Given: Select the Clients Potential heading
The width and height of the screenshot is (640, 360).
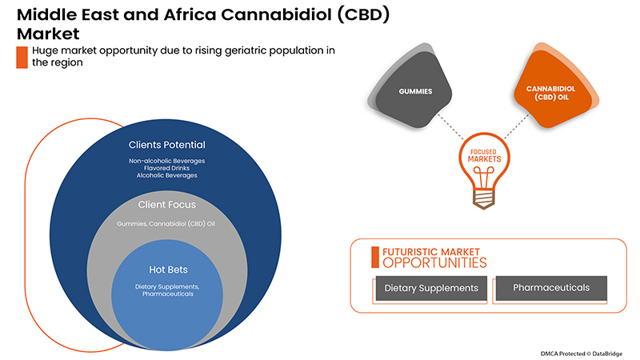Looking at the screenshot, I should tap(166, 145).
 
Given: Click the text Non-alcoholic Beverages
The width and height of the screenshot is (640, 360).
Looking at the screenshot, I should tap(166, 161).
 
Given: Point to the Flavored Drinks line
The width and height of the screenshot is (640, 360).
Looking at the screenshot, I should tap(166, 168).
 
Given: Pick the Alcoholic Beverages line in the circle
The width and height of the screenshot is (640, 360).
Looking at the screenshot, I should tap(166, 175).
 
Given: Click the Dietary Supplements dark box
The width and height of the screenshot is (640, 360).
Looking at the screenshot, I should tap(431, 288).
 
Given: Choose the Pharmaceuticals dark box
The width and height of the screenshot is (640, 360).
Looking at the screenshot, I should tap(551, 287).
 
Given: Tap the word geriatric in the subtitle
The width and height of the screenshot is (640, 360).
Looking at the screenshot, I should tap(193, 50).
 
